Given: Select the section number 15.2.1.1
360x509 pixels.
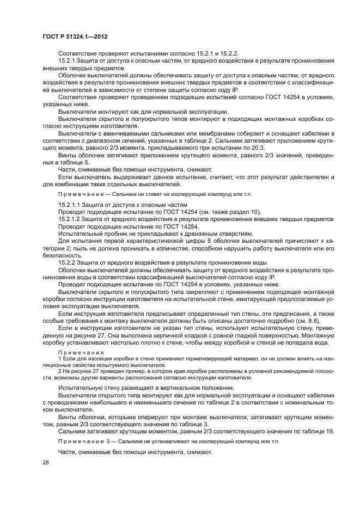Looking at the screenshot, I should (x=72, y=204).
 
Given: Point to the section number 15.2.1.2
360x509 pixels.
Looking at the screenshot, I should (x=72, y=218).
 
